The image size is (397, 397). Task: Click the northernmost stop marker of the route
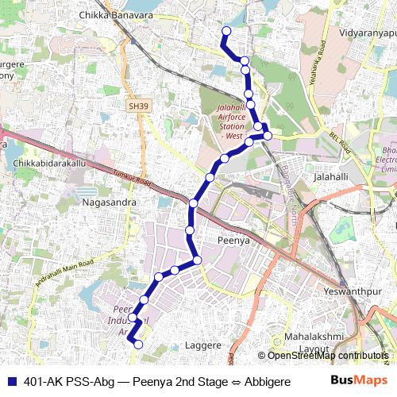225,31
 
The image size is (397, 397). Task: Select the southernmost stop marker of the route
138,344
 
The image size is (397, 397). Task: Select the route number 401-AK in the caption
44,381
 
